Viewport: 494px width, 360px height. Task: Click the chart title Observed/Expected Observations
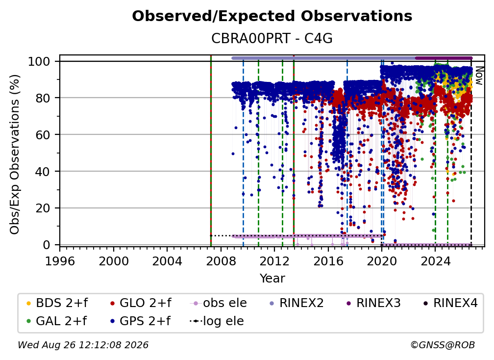click(x=272, y=16)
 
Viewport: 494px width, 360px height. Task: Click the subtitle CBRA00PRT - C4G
click(x=272, y=38)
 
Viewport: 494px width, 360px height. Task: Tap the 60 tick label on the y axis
click(x=43, y=134)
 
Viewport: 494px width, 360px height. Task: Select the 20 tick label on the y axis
click(x=43, y=208)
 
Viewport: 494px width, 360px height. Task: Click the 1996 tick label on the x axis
click(x=60, y=261)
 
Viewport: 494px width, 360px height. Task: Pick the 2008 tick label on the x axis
click(x=221, y=261)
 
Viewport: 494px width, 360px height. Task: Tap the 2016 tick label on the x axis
click(x=328, y=261)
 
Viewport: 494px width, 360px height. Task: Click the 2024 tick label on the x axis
click(x=435, y=261)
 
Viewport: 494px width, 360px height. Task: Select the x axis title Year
click(x=272, y=279)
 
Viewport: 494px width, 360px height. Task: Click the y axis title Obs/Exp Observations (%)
click(x=15, y=154)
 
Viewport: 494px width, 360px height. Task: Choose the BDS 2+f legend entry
click(x=57, y=303)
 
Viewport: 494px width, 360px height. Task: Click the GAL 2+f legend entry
click(x=56, y=321)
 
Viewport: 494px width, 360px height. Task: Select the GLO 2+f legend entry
click(x=141, y=303)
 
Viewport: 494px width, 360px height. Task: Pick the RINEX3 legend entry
click(x=373, y=303)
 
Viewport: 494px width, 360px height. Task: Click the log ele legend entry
click(x=217, y=321)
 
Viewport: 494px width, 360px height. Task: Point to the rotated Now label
click(x=479, y=76)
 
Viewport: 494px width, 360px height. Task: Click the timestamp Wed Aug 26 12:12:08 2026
click(x=83, y=345)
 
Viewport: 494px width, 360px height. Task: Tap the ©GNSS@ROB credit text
click(x=443, y=345)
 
